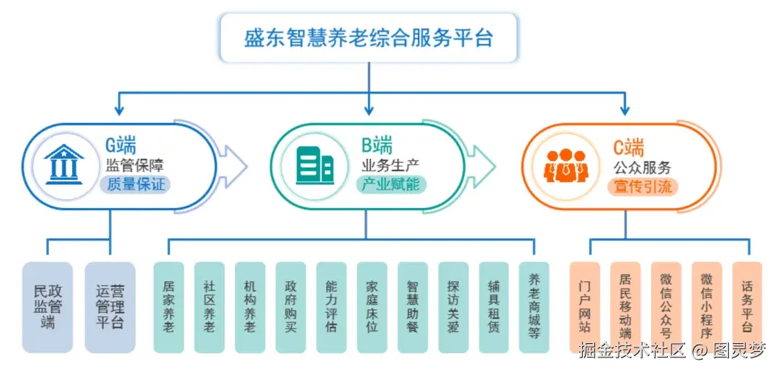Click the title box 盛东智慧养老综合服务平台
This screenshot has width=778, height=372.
tap(368, 37)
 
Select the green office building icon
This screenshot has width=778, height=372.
tap(315, 166)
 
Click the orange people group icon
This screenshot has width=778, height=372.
tap(566, 165)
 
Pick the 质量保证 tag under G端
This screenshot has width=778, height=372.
tap(135, 185)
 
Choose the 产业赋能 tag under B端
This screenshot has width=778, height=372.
tap(391, 185)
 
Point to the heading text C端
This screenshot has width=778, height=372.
tap(628, 147)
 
